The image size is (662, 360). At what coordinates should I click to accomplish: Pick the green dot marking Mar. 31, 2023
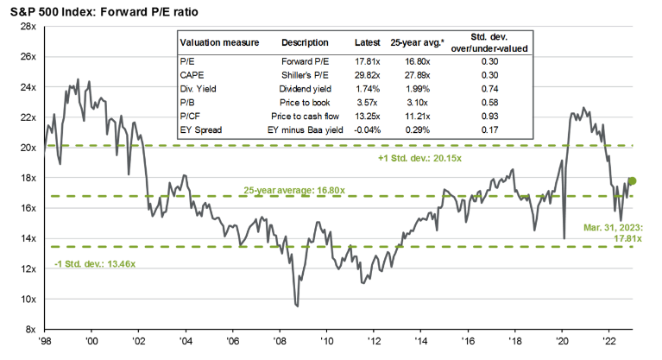(632, 180)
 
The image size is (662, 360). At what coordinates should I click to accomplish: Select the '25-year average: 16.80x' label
(292, 189)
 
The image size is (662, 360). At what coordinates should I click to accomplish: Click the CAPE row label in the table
(192, 76)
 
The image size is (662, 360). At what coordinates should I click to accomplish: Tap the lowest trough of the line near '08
(297, 305)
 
